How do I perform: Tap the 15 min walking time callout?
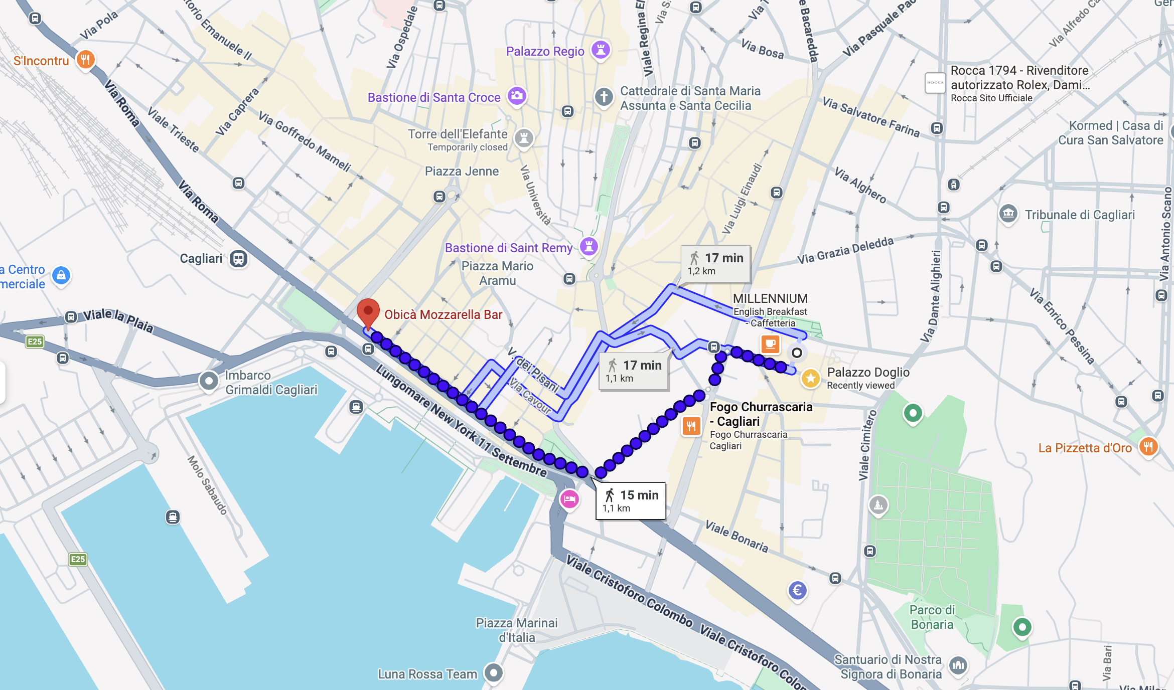[631, 500]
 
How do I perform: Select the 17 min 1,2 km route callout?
[715, 264]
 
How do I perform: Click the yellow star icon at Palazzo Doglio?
[810, 378]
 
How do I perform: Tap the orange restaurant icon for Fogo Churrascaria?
[691, 426]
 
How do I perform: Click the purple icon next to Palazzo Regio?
[601, 50]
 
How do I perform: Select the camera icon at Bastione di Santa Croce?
[516, 95]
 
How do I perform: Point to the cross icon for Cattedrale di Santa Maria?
[604, 97]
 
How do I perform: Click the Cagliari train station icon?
[239, 259]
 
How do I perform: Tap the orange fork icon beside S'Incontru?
[85, 60]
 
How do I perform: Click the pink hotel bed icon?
[569, 499]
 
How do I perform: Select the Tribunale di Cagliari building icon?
[1008, 214]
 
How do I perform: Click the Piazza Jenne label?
[462, 171]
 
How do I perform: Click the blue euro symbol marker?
[797, 590]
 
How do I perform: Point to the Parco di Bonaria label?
[932, 617]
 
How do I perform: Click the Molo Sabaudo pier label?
[207, 485]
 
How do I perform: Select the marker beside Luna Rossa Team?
[494, 672]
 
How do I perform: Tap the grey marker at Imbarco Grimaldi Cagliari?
[209, 381]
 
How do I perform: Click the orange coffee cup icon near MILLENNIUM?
[770, 344]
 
